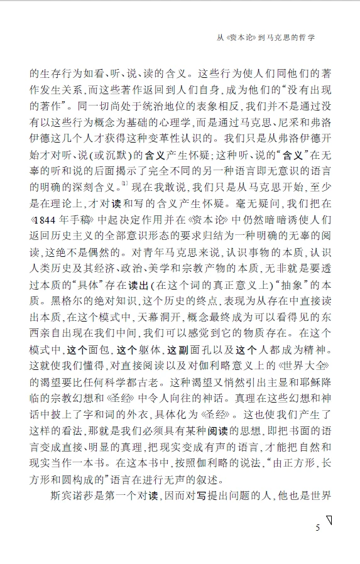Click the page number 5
tap(318, 528)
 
